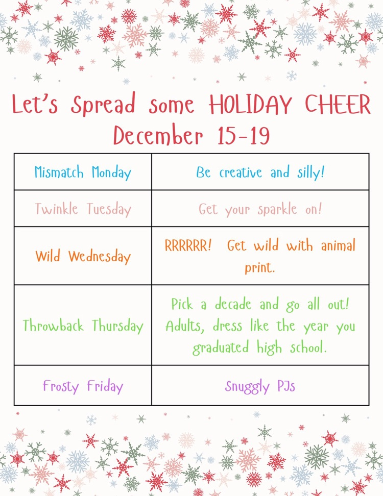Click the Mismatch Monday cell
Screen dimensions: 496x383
pos(83,172)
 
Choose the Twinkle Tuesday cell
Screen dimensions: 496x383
pos(83,209)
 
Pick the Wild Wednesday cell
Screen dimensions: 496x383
pos(83,256)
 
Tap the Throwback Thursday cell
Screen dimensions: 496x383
pos(83,326)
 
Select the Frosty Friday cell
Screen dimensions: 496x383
pos(83,386)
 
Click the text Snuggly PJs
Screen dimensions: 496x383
pos(260,386)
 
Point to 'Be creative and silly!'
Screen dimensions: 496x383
pos(260,172)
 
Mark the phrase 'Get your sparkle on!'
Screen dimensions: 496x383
pos(260,209)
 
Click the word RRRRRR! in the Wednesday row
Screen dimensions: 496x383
pos(188,246)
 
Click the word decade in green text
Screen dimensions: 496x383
pos(233,305)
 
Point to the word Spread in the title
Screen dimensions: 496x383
pos(104,105)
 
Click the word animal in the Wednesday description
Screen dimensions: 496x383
pos(338,246)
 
